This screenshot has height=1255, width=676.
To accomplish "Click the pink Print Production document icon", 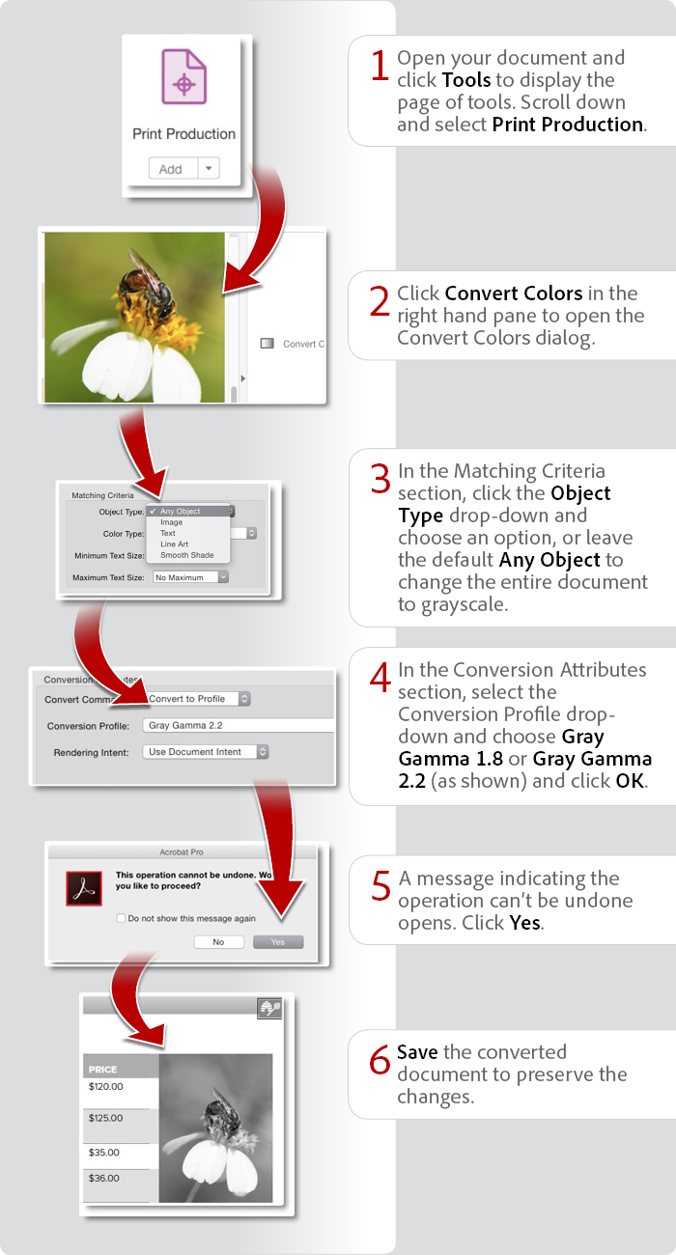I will click(183, 77).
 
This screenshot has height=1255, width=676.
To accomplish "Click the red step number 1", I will click(379, 66).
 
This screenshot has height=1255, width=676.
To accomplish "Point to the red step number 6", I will click(380, 1060).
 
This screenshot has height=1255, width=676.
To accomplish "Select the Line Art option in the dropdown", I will click(174, 544).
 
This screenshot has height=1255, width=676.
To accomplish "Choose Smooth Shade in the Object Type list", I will click(186, 556).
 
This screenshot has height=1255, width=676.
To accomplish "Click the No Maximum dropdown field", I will click(190, 577).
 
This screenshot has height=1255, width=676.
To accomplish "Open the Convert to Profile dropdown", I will click(199, 698).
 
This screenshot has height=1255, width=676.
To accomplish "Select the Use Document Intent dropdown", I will click(206, 751).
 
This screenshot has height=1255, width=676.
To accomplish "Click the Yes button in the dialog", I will click(278, 941).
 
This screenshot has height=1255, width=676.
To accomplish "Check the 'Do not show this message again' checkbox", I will click(121, 918).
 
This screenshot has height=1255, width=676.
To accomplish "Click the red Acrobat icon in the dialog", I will click(84, 887).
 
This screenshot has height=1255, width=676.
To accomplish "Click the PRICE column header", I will click(103, 1070).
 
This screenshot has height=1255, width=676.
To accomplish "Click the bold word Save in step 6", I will click(417, 1052).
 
